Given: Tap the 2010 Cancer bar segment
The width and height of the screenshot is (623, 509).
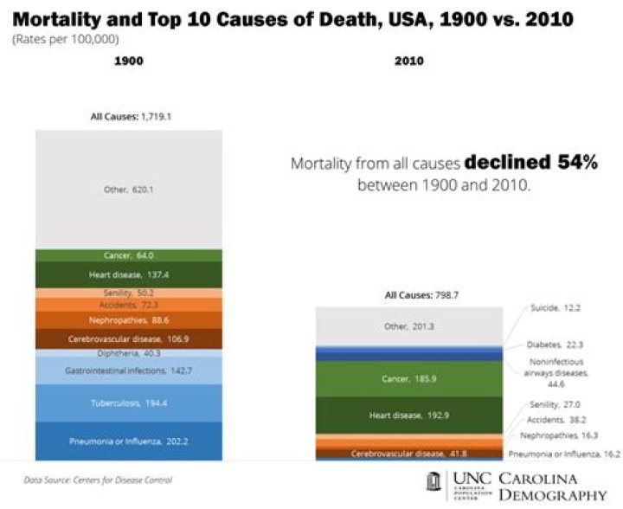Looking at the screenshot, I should click(408, 378).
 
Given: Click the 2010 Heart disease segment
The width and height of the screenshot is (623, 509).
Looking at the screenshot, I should click(408, 416).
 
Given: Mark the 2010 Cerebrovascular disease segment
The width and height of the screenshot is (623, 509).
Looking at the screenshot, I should click(408, 453).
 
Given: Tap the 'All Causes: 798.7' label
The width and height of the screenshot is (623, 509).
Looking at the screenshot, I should click(409, 295).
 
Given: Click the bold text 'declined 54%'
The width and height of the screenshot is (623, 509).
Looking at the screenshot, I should click(530, 162).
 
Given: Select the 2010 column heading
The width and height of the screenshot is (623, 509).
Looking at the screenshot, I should click(408, 86).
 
